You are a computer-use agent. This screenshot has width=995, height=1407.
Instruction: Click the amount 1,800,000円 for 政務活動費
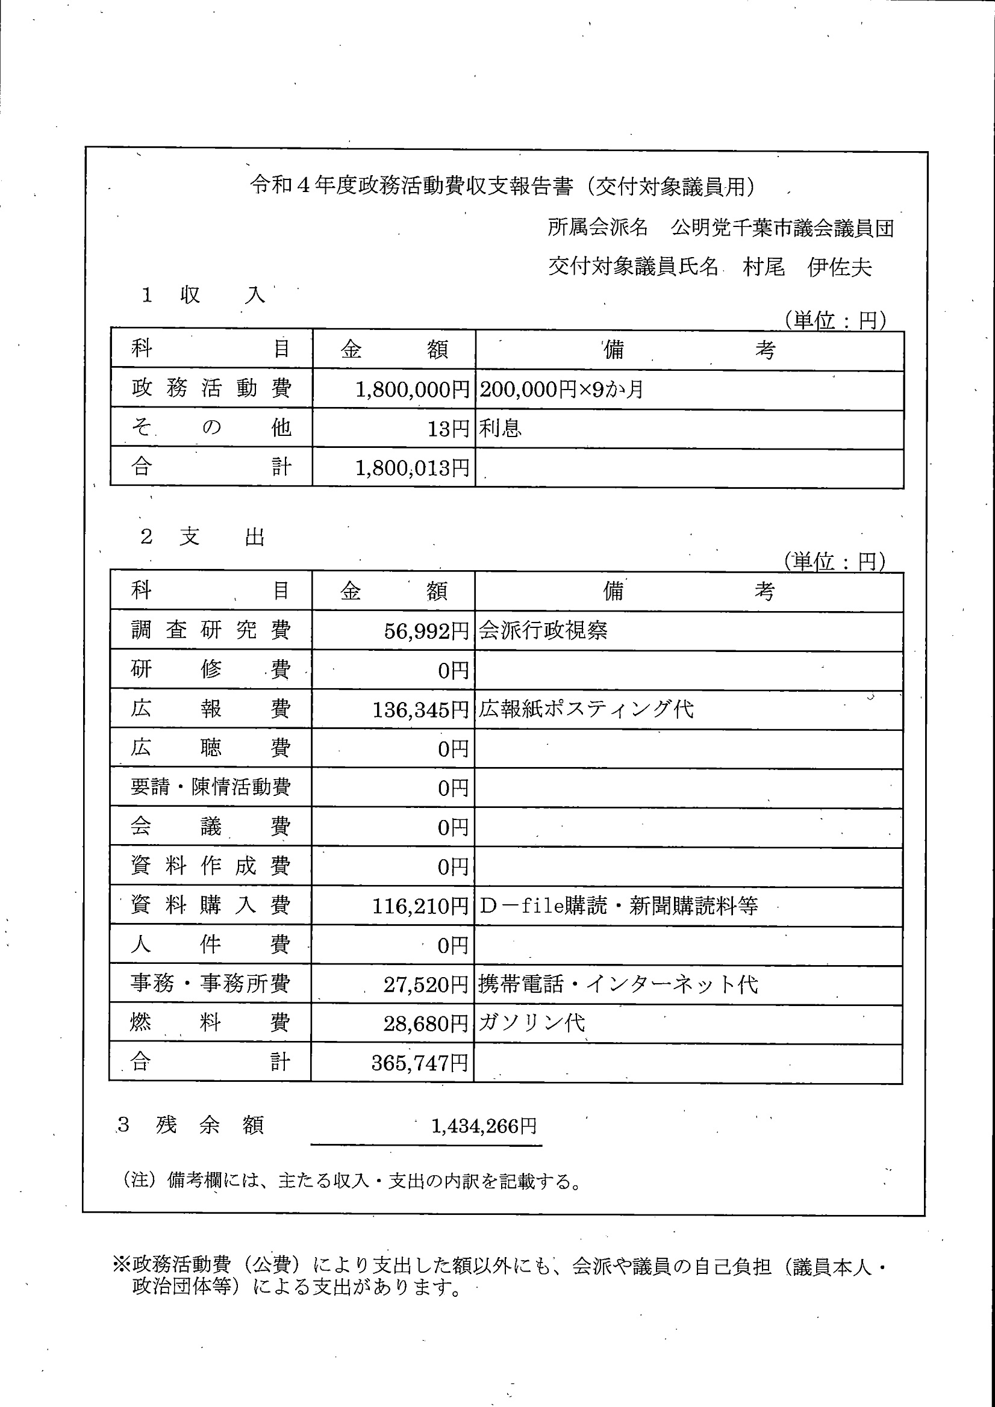pyautogui.click(x=412, y=389)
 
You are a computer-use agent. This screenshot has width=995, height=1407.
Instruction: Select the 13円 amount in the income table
pyautogui.click(x=448, y=429)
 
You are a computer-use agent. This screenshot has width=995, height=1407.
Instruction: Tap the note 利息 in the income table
pyautogui.click(x=500, y=428)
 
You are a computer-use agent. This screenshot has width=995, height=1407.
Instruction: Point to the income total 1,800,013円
pyautogui.click(x=412, y=468)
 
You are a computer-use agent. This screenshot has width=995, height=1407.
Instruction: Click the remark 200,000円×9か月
pyautogui.click(x=561, y=389)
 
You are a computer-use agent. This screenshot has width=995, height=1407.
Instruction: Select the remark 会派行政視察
pyautogui.click(x=543, y=630)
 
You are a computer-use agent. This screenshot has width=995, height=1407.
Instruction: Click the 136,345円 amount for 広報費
pyautogui.click(x=420, y=710)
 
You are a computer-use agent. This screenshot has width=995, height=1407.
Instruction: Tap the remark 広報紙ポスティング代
pyautogui.click(x=585, y=709)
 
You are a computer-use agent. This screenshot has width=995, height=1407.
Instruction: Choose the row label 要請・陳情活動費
pyautogui.click(x=210, y=787)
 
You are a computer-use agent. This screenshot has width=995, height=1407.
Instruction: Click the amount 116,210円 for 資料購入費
pyautogui.click(x=420, y=905)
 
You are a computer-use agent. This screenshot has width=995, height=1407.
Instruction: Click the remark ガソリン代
pyautogui.click(x=531, y=1023)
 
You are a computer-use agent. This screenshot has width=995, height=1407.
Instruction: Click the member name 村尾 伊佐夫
pyautogui.click(x=807, y=267)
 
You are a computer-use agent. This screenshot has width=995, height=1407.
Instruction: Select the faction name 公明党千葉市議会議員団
pyautogui.click(x=782, y=228)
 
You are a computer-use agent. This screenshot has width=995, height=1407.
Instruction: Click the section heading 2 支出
pyautogui.click(x=202, y=537)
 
